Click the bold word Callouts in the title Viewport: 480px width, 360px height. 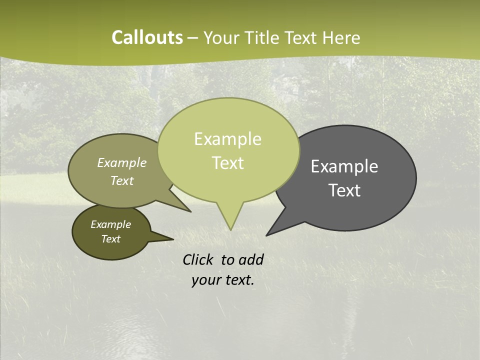click(x=147, y=37)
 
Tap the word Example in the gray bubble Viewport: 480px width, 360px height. click(x=344, y=166)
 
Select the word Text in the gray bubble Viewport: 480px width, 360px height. click(x=344, y=190)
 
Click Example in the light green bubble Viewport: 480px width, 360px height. click(x=227, y=139)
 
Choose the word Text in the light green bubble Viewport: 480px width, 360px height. click(x=228, y=163)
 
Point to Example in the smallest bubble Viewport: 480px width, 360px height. click(x=110, y=224)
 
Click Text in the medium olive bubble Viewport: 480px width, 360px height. click(x=122, y=180)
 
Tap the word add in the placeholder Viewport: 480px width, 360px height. click(x=250, y=259)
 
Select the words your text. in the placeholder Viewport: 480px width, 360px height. click(x=223, y=280)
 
